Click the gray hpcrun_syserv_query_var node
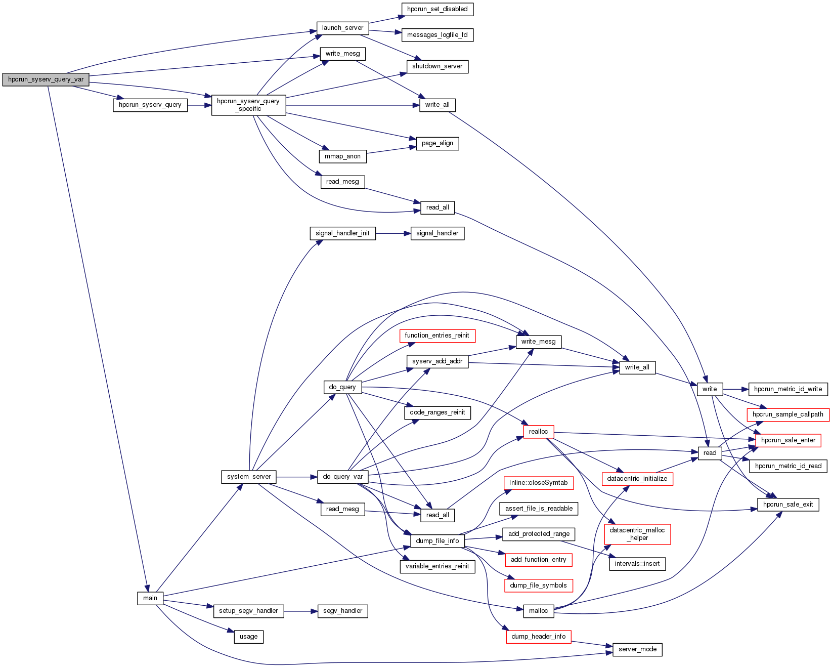point(46,79)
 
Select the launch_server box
point(342,28)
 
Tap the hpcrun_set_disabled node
point(437,9)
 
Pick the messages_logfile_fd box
point(437,35)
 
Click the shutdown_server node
point(437,66)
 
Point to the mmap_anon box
point(342,156)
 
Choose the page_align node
point(437,143)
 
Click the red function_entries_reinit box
point(437,336)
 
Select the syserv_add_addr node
point(437,361)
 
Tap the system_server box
point(249,477)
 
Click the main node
point(150,598)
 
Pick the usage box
point(248,637)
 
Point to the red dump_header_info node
point(538,637)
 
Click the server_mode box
point(637,649)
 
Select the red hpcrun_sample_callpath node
point(787,414)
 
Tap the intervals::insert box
point(637,564)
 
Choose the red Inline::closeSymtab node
point(538,483)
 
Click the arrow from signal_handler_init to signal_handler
point(392,233)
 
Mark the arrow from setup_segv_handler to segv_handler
point(300,611)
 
